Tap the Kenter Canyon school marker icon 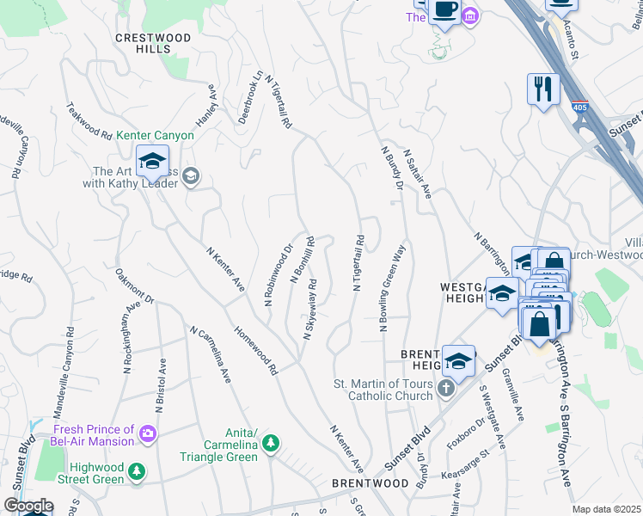pos(152,160)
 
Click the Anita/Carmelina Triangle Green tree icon pos(272,443)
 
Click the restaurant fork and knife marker pos(543,89)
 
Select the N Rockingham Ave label pos(129,337)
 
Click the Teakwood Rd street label pos(89,121)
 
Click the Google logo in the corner pos(28,506)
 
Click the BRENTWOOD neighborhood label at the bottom pos(370,484)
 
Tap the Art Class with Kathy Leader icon pos(190,177)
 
